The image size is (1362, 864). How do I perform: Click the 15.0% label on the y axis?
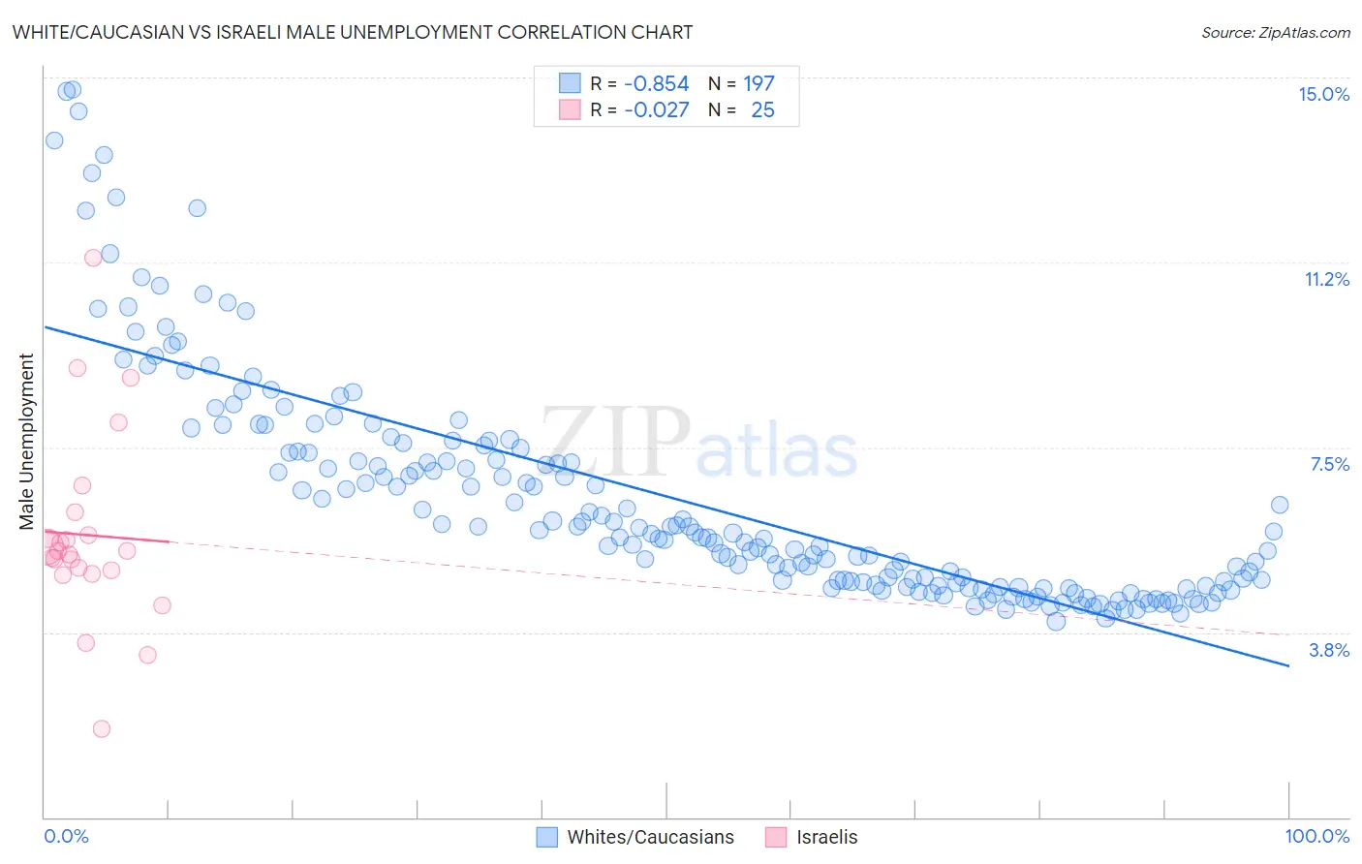pyautogui.click(x=1323, y=94)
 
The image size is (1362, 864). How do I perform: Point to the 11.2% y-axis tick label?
pyautogui.click(x=1326, y=279)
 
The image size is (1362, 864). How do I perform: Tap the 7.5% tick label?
pyautogui.click(x=1329, y=464)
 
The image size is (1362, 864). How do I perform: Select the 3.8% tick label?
pyautogui.click(x=1329, y=650)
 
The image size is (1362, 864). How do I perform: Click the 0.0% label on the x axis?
pyautogui.click(x=66, y=836)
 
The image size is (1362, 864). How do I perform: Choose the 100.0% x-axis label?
pyautogui.click(x=1316, y=836)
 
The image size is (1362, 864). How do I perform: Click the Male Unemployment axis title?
pyautogui.click(x=26, y=441)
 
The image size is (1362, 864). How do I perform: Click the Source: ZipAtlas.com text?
pyautogui.click(x=1275, y=32)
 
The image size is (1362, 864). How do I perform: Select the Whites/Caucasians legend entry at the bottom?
pyautogui.click(x=650, y=837)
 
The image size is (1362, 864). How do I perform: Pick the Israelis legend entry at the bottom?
pyautogui.click(x=826, y=837)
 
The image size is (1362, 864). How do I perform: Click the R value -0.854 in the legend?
pyautogui.click(x=656, y=84)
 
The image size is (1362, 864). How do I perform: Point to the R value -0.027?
pyautogui.click(x=656, y=110)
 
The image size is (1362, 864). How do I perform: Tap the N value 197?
pyautogui.click(x=758, y=84)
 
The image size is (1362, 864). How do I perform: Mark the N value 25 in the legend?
pyautogui.click(x=762, y=110)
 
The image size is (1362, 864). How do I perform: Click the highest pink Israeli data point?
pyautogui.click(x=93, y=258)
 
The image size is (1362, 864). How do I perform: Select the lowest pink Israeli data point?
pyautogui.click(x=101, y=728)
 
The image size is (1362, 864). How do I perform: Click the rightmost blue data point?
pyautogui.click(x=1279, y=505)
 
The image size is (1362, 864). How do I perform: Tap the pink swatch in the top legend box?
pyautogui.click(x=570, y=110)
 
